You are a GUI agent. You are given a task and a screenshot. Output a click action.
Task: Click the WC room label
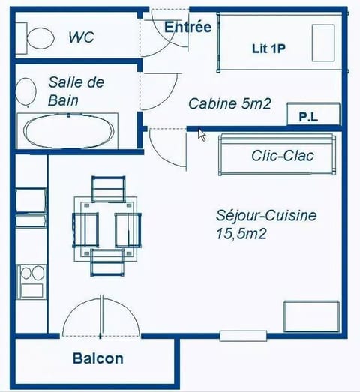click(x=81, y=37)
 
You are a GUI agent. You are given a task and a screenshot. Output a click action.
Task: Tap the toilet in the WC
click(x=37, y=36)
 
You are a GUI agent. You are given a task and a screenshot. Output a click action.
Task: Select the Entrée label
click(x=187, y=27)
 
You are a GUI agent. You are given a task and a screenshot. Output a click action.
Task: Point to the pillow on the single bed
click(x=323, y=43)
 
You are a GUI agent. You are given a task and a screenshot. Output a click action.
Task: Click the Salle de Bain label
click(x=76, y=91)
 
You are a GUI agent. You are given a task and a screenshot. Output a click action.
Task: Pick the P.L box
click(x=307, y=117)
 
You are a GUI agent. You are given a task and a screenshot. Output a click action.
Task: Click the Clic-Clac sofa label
click(x=283, y=156)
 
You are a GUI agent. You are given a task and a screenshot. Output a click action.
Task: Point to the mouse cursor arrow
click(x=202, y=134)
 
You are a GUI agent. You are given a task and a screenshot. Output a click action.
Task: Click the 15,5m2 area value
click(x=241, y=233)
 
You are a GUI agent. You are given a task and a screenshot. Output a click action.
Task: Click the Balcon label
click(x=98, y=359)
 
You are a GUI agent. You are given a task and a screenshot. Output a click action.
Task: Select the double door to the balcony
click(x=100, y=318)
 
